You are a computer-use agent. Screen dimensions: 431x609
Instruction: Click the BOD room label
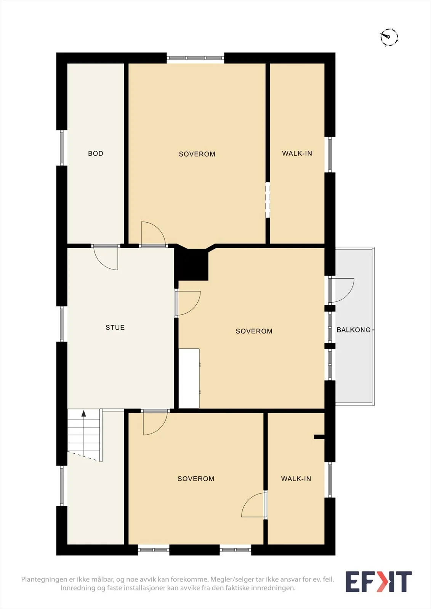pos(96,153)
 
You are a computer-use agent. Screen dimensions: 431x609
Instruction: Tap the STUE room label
pos(115,327)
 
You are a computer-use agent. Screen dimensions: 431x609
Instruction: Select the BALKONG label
pos(354,330)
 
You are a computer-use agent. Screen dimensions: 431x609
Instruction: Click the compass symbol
pos(389,37)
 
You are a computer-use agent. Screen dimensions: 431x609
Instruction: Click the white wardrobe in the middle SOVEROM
pos(189,378)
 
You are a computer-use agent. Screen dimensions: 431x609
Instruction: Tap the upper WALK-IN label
pos(297,153)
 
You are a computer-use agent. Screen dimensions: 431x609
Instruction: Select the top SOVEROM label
pos(197,154)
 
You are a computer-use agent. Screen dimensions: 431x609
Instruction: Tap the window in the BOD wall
pos(62,148)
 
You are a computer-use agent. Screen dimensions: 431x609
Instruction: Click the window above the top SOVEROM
pos(195,58)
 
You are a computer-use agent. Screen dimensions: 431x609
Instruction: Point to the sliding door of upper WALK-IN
pos(268,200)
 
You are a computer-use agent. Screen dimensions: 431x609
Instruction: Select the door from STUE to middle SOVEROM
pos(188,303)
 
